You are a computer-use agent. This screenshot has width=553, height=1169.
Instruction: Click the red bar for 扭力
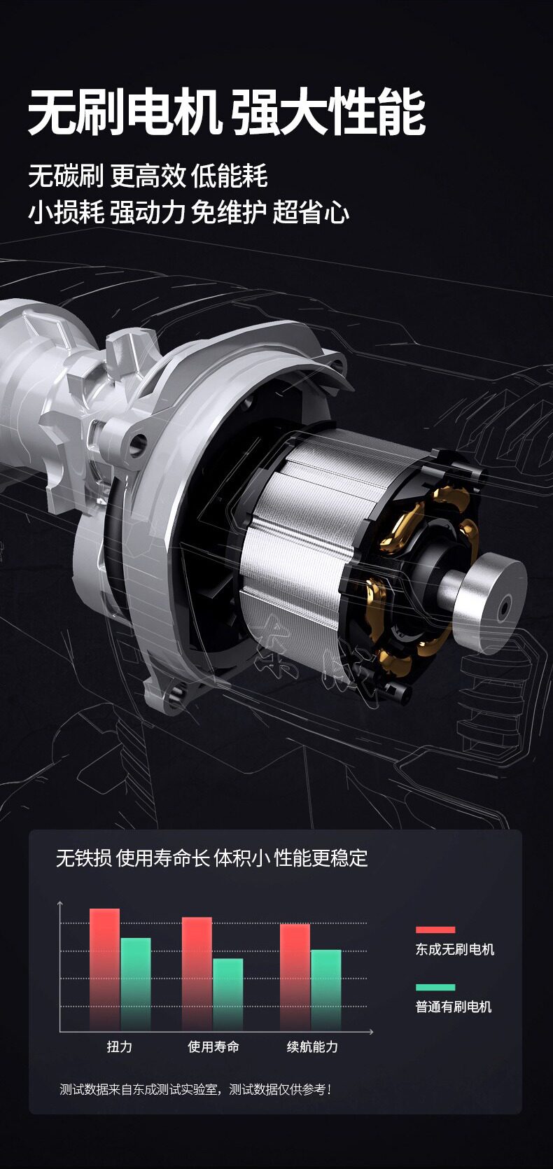104,969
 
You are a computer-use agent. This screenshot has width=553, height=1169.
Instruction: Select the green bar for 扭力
136,984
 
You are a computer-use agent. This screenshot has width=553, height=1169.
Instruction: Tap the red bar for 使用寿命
197,974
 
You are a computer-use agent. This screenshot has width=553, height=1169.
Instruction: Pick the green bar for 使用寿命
228,995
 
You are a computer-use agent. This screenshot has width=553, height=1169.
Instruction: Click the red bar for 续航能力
295,977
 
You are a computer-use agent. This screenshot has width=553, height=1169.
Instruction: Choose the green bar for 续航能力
326,990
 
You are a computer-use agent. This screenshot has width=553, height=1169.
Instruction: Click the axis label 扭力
120,1046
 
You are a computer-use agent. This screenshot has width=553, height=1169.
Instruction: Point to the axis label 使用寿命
213,1046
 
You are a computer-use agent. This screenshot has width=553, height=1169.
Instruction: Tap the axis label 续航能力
312,1046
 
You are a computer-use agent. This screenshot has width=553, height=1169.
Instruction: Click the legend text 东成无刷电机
454,949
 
